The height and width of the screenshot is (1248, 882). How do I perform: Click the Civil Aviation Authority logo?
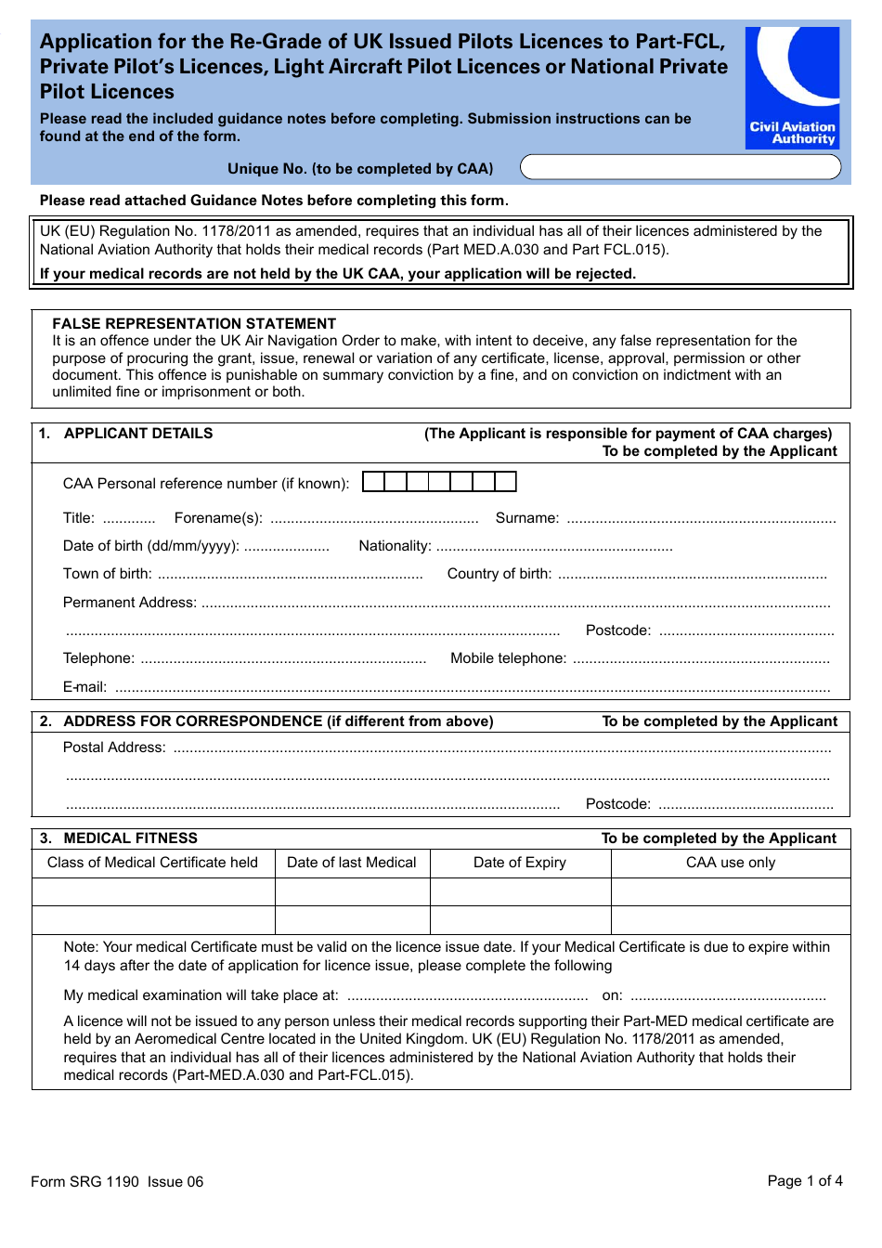(x=792, y=87)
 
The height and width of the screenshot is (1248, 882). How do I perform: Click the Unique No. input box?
(x=680, y=167)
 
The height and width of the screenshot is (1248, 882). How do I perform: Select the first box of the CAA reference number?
(x=373, y=481)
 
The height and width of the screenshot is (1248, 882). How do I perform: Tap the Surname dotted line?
(x=701, y=519)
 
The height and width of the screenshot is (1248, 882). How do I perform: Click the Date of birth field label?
(x=150, y=546)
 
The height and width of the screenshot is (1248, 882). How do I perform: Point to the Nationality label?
(x=395, y=546)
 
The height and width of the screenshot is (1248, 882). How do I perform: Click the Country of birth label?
(x=499, y=574)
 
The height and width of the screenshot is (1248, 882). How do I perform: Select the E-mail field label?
(x=84, y=687)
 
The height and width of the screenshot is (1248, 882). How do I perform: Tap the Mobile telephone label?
(x=508, y=658)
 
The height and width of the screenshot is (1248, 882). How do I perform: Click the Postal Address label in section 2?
(x=114, y=747)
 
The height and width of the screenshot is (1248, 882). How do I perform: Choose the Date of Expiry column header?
(x=519, y=863)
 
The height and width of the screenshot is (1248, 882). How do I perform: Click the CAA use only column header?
(x=730, y=863)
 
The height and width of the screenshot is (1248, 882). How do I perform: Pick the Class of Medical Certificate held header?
(x=152, y=863)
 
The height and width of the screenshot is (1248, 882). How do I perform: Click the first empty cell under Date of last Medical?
(x=352, y=891)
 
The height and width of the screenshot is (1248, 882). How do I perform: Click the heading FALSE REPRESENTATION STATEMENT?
(x=194, y=323)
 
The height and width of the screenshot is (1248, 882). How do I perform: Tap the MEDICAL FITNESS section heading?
(x=130, y=838)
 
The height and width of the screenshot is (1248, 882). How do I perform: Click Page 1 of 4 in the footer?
(x=804, y=1180)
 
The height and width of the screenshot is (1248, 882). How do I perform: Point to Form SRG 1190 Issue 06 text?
(x=117, y=1181)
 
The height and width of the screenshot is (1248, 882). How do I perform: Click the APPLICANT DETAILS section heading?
(x=137, y=434)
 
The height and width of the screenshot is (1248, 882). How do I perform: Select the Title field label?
(x=79, y=518)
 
